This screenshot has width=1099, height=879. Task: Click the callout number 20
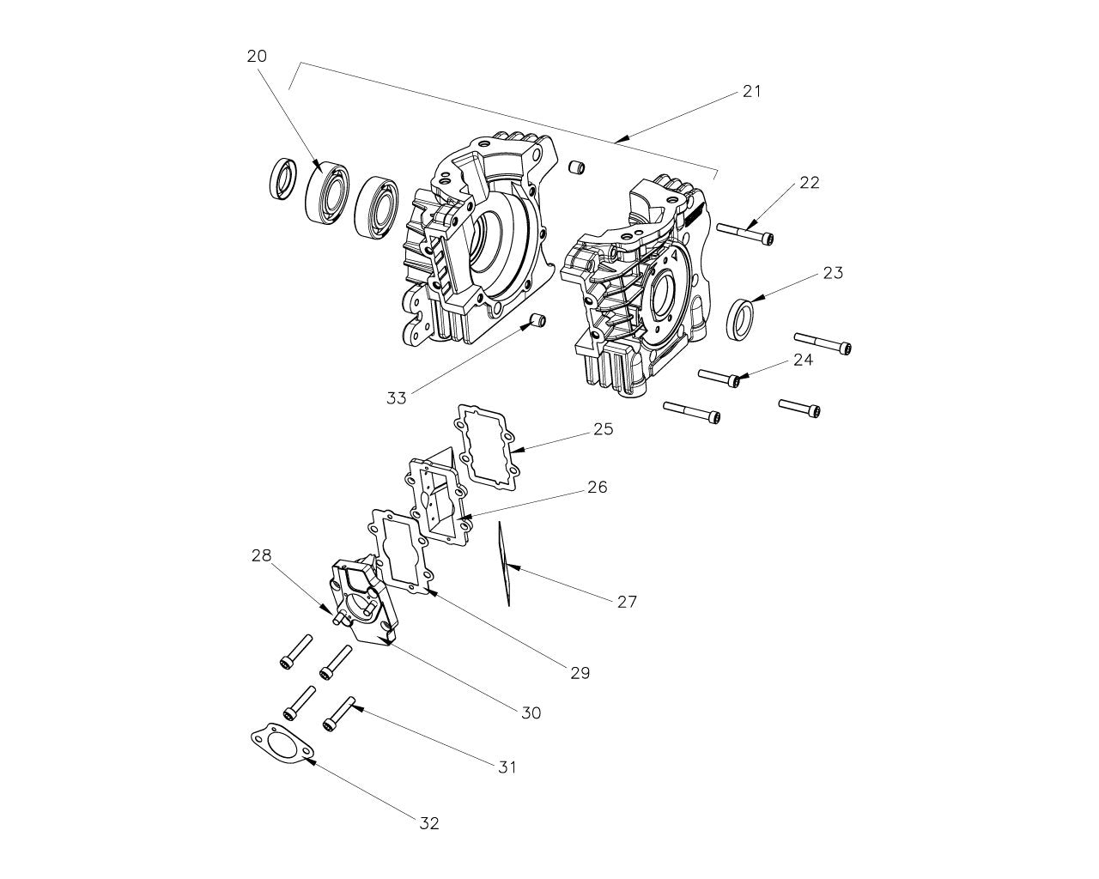[x=257, y=57]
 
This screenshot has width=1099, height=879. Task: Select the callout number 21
[x=751, y=91]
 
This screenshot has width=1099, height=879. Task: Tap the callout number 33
[x=396, y=397]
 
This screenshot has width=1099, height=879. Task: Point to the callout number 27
[x=627, y=601]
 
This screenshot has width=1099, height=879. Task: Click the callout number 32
[x=429, y=823]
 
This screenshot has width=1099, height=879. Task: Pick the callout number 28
[x=261, y=555]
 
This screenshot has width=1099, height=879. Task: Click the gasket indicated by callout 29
[x=398, y=550]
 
